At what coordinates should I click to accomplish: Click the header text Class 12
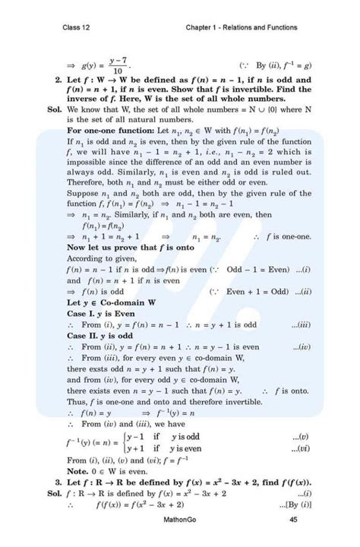pyautogui.click(x=78, y=28)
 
